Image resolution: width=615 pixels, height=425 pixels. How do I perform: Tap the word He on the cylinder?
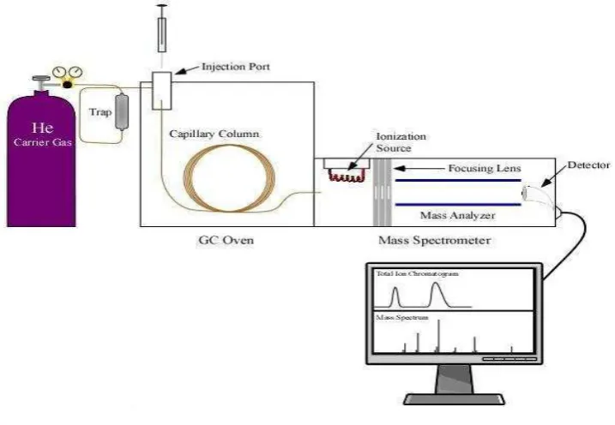42,128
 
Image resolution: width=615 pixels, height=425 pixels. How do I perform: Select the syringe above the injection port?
161,29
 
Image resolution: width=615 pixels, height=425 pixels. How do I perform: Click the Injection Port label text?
235,67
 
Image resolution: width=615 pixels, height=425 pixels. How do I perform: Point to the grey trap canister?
122,112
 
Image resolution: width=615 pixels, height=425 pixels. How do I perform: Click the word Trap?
100,112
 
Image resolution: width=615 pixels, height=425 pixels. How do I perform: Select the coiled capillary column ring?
230,178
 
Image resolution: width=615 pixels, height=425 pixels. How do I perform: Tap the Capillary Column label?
214,134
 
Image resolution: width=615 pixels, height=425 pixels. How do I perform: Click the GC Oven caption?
226,240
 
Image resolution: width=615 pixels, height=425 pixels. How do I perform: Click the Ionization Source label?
401,142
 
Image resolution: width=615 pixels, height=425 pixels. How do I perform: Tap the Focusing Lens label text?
485,168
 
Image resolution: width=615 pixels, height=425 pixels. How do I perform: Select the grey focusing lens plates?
382,192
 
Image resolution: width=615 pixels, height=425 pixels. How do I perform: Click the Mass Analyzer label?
457,215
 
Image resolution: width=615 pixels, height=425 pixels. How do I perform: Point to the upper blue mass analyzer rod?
458,181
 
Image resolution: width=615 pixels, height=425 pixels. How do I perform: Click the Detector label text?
588,165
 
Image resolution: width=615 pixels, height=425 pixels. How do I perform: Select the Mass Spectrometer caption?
435,240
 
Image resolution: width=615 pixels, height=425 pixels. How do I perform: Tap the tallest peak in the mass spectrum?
438,336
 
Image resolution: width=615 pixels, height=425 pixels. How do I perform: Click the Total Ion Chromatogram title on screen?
418,273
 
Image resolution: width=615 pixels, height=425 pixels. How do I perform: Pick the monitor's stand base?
455,399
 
